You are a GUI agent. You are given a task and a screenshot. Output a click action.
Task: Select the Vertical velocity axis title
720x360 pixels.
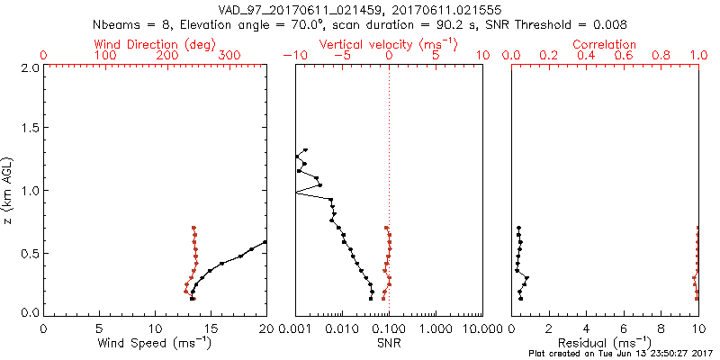point(388,44)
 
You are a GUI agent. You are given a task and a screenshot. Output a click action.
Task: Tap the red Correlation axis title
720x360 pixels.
point(605,44)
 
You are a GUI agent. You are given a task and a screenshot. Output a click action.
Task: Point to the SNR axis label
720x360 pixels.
point(389,343)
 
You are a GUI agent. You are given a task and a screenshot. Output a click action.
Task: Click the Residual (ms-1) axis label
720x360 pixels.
point(605,343)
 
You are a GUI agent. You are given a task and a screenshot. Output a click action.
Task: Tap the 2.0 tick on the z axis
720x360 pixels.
point(30,67)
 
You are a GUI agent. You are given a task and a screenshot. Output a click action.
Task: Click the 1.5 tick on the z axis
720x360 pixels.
point(30,129)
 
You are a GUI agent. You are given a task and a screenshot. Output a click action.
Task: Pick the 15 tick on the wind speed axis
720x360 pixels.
point(211,327)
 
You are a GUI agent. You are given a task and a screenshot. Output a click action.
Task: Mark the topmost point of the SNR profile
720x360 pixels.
point(306,150)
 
